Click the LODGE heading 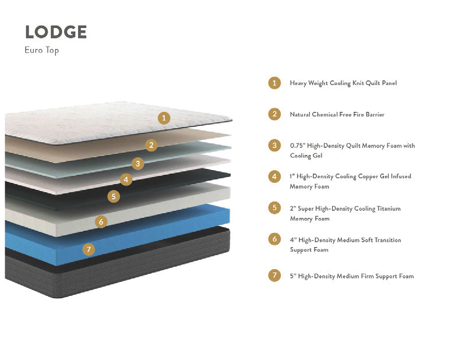[56, 32]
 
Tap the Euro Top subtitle [41, 50]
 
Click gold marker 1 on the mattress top [164, 118]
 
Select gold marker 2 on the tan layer [151, 145]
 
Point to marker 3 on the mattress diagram [138, 164]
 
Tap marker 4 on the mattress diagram [126, 179]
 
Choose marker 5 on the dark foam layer [114, 196]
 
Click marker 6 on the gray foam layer [101, 222]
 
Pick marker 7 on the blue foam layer [89, 249]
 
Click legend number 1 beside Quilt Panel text [274, 83]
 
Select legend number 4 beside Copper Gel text [274, 177]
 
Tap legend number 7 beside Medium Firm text [274, 276]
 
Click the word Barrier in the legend [375, 114]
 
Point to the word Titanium [389, 209]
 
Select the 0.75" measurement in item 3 [298, 146]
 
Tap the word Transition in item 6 [388, 240]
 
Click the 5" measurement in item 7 [293, 276]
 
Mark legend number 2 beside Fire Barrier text [274, 114]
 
